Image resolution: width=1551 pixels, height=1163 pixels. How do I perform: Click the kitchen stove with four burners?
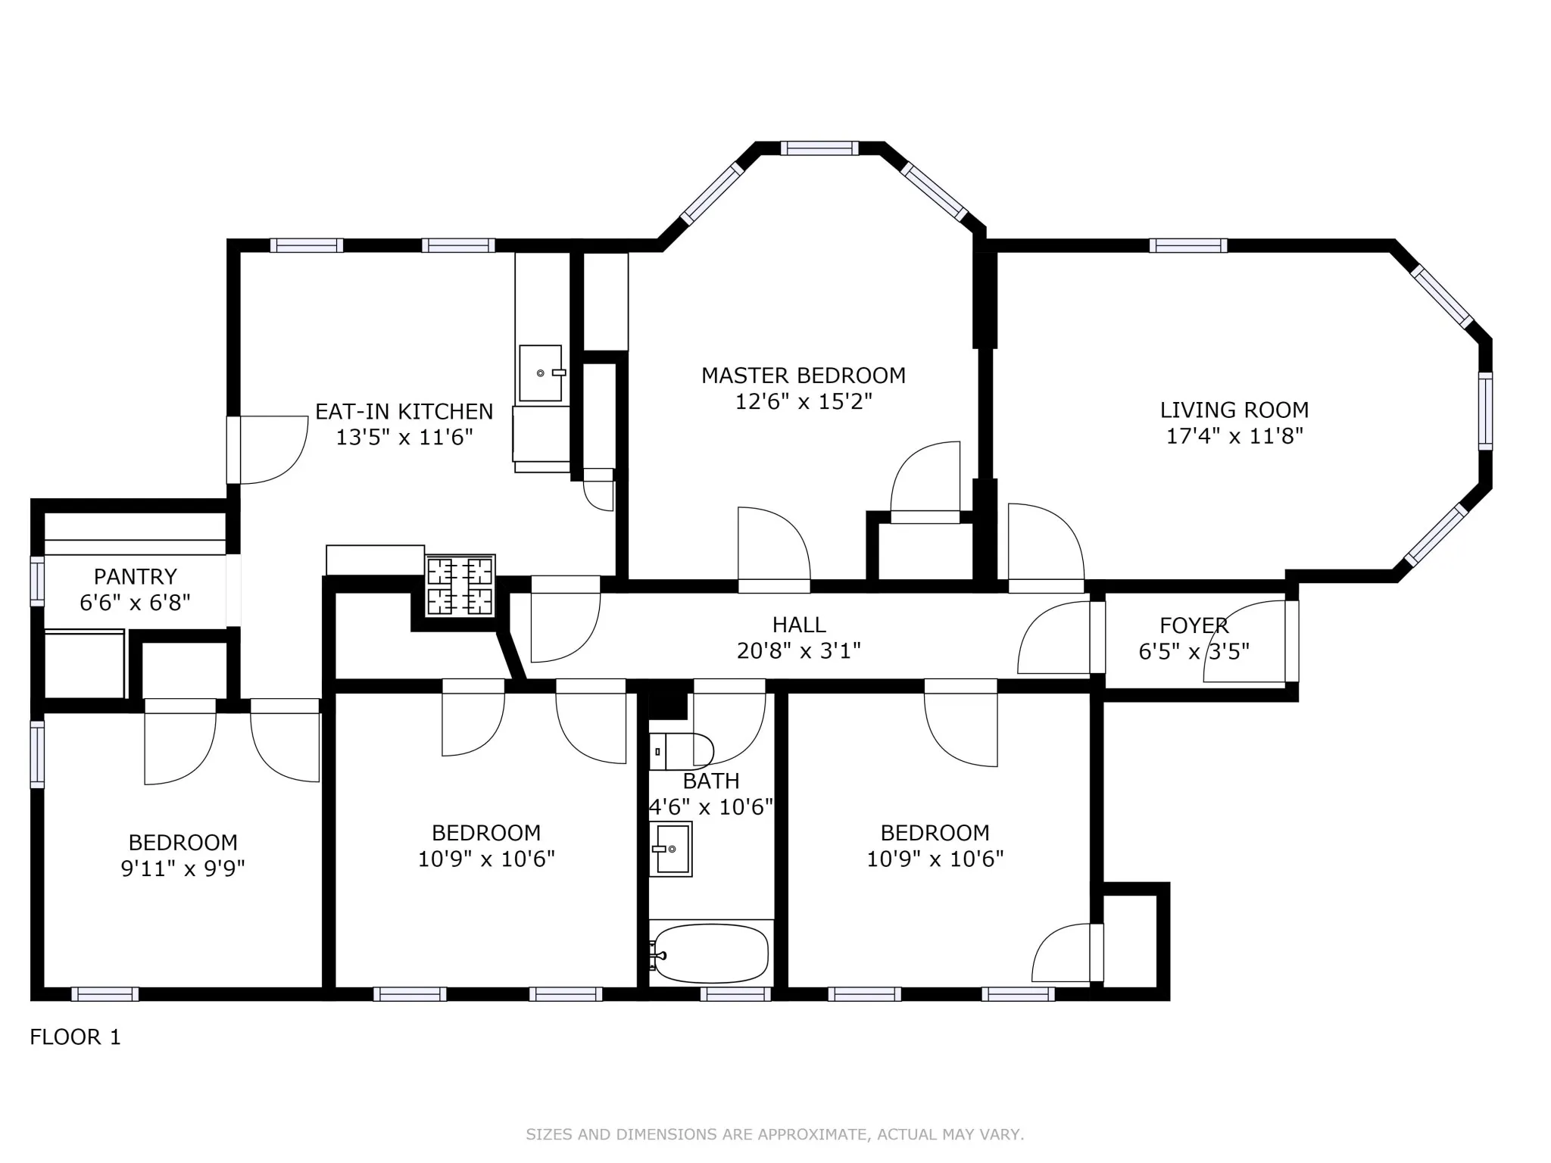460,585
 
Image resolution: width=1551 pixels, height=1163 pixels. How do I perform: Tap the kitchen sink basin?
540,373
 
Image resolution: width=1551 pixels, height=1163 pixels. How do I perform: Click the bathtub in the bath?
711,954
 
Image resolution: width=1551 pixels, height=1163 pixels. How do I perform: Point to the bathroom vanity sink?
671,849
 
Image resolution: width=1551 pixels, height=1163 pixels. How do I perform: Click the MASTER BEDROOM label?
803,376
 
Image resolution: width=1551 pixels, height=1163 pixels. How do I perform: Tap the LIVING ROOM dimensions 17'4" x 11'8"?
1234,436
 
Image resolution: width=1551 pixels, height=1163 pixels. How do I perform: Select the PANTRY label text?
135,577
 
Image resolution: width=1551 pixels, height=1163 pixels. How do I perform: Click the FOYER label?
1194,625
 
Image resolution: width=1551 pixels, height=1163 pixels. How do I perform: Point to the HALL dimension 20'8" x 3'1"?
798,650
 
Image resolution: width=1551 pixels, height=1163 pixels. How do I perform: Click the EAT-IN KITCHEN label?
404,412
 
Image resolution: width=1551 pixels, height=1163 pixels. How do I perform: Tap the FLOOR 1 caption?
75,1037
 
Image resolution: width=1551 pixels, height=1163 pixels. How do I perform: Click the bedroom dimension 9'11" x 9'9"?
183,868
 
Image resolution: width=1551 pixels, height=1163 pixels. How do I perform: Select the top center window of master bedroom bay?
819,148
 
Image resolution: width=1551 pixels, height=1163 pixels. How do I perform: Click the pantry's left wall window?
37,581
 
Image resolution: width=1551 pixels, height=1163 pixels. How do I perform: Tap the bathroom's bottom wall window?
735,994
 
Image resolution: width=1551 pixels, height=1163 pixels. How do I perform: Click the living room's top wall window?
1187,245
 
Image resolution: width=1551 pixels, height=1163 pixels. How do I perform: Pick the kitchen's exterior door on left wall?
234,450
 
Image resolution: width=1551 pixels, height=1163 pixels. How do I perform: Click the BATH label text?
710,781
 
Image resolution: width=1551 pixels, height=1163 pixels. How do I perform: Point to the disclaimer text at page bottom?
775,1134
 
